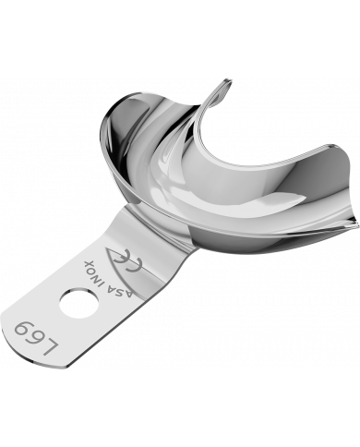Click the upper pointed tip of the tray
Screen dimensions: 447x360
point(224,85)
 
